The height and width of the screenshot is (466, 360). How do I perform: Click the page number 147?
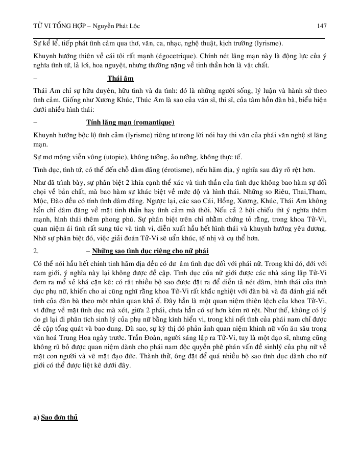click(x=322, y=26)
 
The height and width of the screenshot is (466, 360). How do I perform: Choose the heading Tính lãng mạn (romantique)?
click(x=130, y=123)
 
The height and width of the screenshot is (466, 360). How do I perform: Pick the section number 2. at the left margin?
click(x=36, y=252)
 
